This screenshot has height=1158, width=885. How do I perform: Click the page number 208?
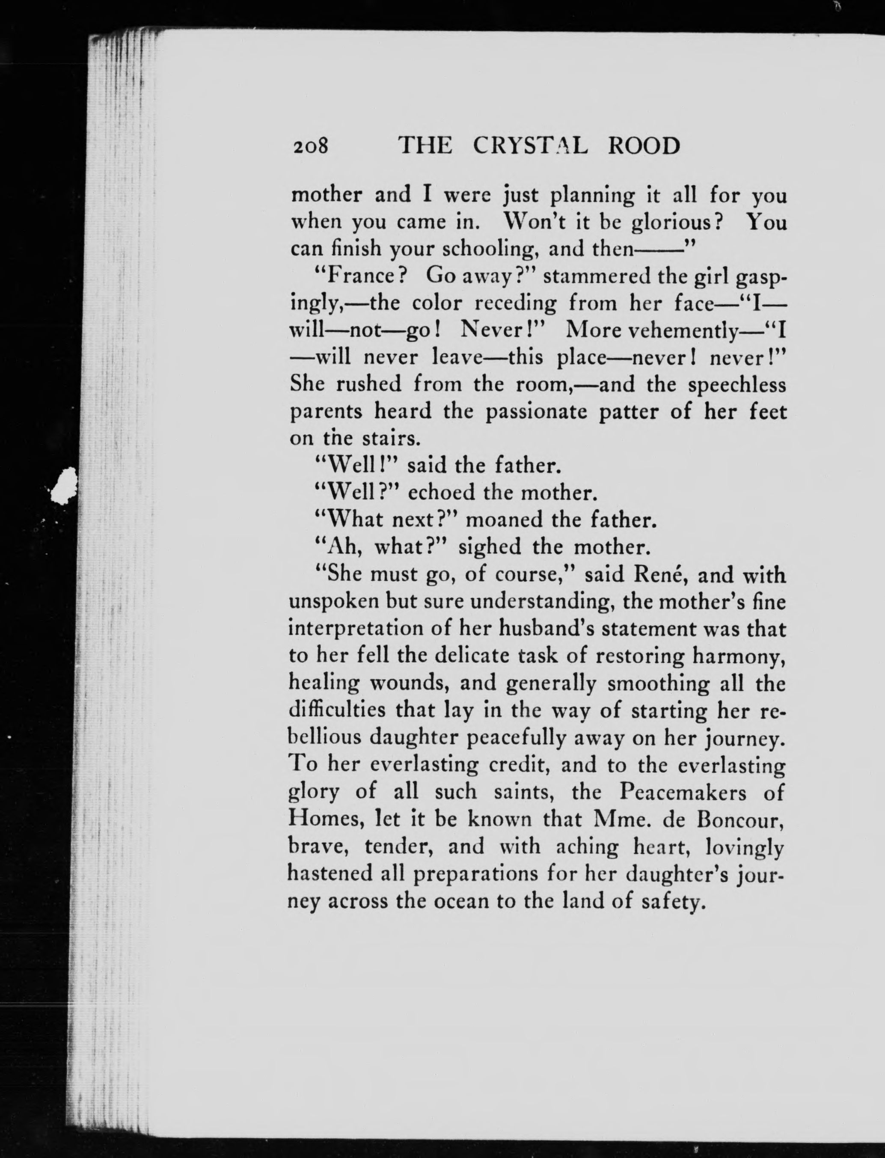coord(310,145)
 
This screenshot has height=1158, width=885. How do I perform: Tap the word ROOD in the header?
coord(644,145)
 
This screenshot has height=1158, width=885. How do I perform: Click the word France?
coord(361,275)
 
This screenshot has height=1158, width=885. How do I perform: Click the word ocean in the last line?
coord(461,901)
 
